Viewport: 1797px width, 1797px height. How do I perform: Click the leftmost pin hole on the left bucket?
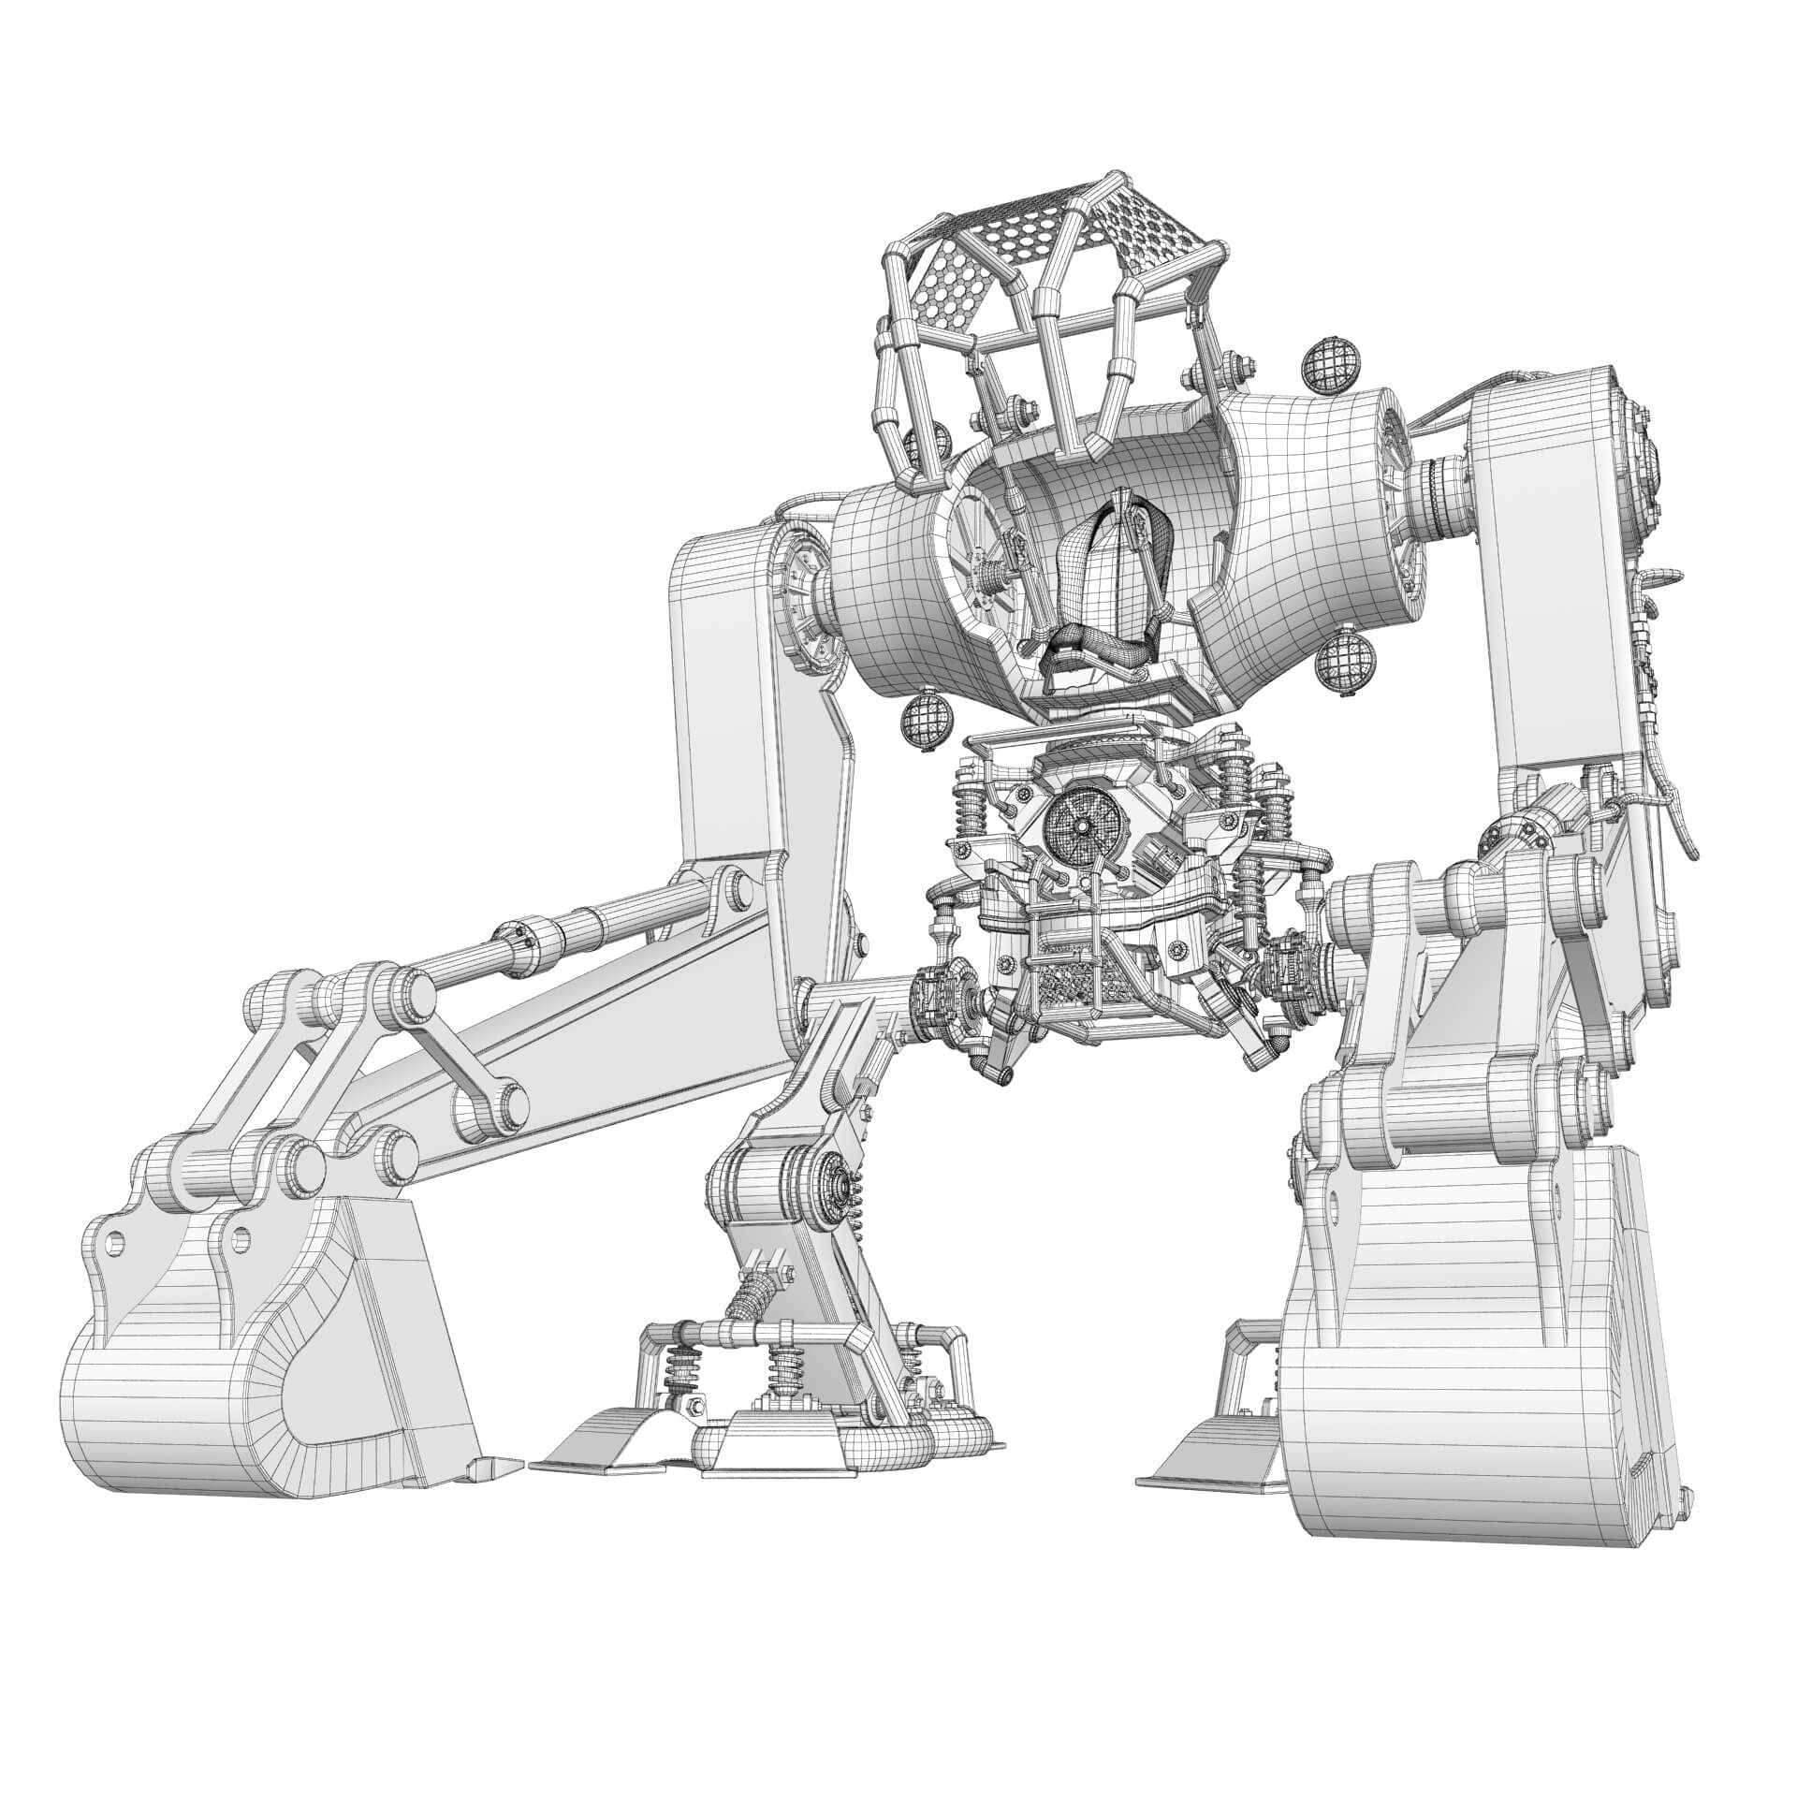click(x=114, y=1243)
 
